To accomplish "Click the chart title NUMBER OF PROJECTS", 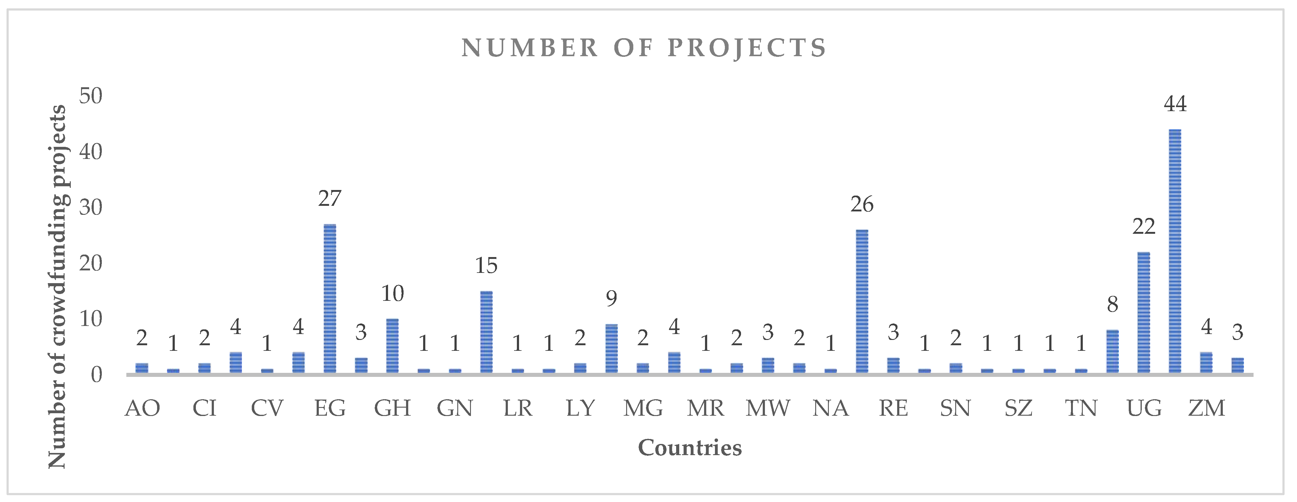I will click(x=644, y=48).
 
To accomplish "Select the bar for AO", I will click(x=142, y=368).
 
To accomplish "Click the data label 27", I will click(x=330, y=199).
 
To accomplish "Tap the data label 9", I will click(x=611, y=299).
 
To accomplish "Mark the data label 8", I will click(x=1112, y=304).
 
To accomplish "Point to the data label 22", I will click(x=1143, y=227).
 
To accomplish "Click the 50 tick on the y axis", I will click(x=91, y=96).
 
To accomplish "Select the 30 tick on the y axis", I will click(x=91, y=207).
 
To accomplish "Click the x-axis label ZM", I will click(x=1206, y=408).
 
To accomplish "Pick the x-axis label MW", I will click(x=768, y=408).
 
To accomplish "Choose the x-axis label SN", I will click(x=956, y=408).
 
